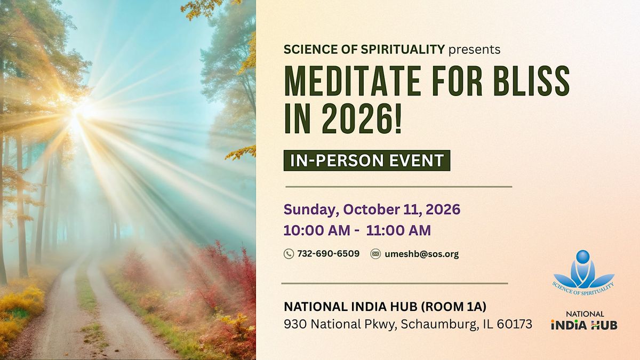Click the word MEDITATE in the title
click(352, 81)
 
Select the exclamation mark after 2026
click(398, 118)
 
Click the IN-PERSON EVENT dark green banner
click(367, 161)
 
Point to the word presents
click(475, 50)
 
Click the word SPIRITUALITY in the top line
click(403, 50)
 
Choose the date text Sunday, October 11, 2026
click(372, 210)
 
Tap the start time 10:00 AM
click(317, 230)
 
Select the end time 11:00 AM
click(398, 230)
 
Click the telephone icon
click(289, 254)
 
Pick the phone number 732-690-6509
click(329, 253)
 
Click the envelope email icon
click(375, 254)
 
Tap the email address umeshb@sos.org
click(422, 254)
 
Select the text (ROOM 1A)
click(454, 307)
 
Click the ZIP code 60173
click(515, 324)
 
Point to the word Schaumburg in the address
click(439, 324)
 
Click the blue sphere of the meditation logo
click(583, 257)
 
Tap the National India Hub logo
click(585, 321)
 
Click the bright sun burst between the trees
click(82, 111)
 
